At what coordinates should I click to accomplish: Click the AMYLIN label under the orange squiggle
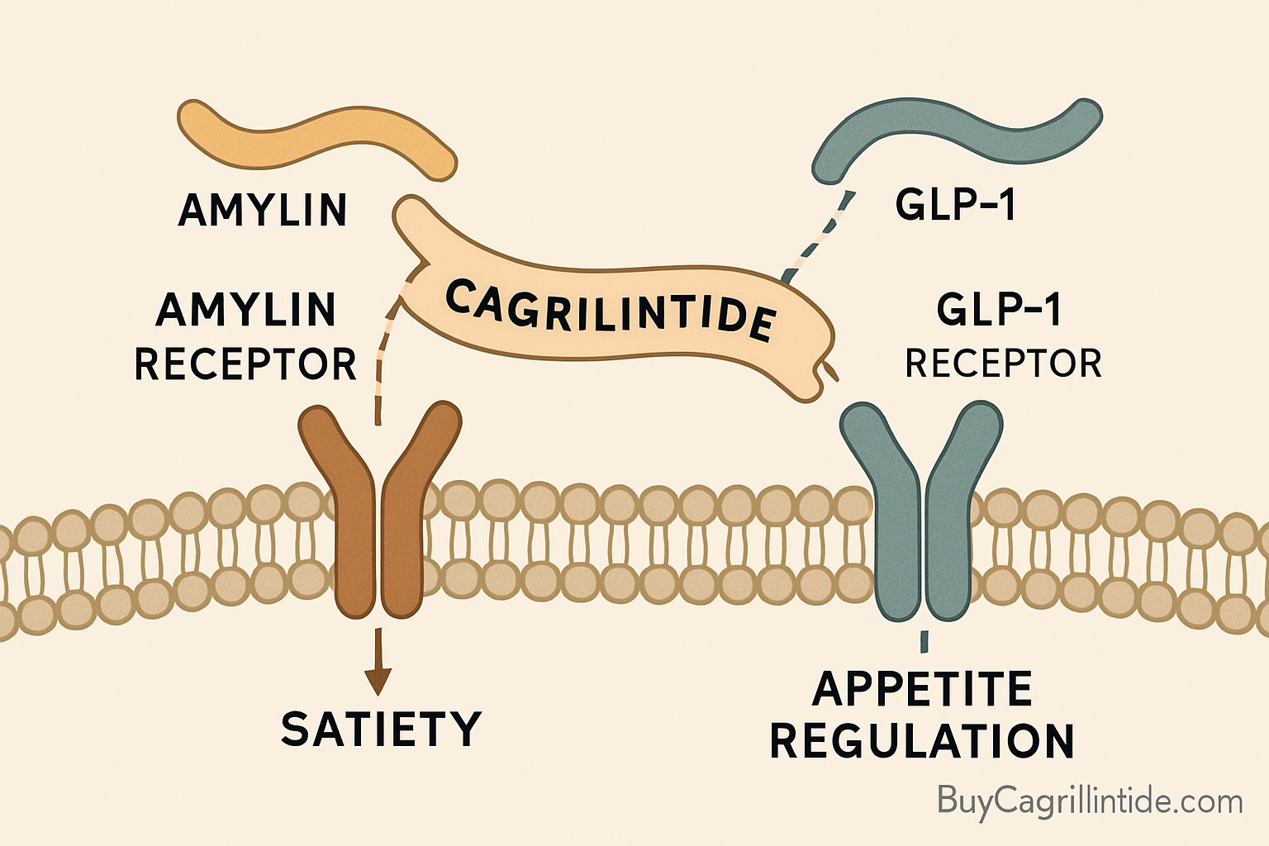263,210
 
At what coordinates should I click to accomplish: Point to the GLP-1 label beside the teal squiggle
955,204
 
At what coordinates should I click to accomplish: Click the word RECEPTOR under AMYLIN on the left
245,364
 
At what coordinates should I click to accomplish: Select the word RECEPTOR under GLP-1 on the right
1003,364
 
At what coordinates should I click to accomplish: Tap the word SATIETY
381,729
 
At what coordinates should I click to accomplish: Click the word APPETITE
922,689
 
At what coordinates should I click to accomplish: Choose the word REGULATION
922,741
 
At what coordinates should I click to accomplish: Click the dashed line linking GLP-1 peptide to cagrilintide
818,235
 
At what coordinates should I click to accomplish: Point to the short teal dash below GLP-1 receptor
924,641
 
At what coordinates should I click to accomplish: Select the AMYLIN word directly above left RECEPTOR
245,310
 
